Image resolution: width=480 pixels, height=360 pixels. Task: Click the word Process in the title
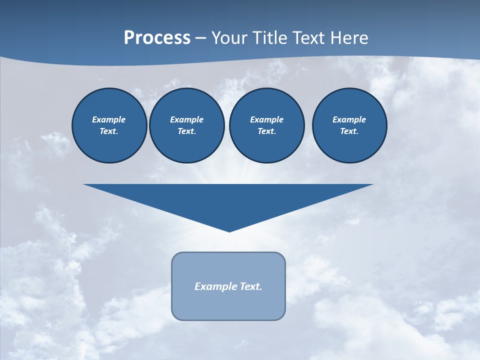pyautogui.click(x=157, y=38)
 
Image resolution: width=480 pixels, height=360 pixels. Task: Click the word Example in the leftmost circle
pyautogui.click(x=109, y=119)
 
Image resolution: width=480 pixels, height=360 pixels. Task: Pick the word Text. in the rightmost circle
pyautogui.click(x=349, y=131)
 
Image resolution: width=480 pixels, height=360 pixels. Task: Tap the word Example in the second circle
pyautogui.click(x=187, y=119)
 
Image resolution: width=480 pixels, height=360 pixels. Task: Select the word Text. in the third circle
pyautogui.click(x=267, y=131)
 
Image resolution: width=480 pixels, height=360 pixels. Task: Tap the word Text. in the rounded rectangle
pyautogui.click(x=251, y=286)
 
